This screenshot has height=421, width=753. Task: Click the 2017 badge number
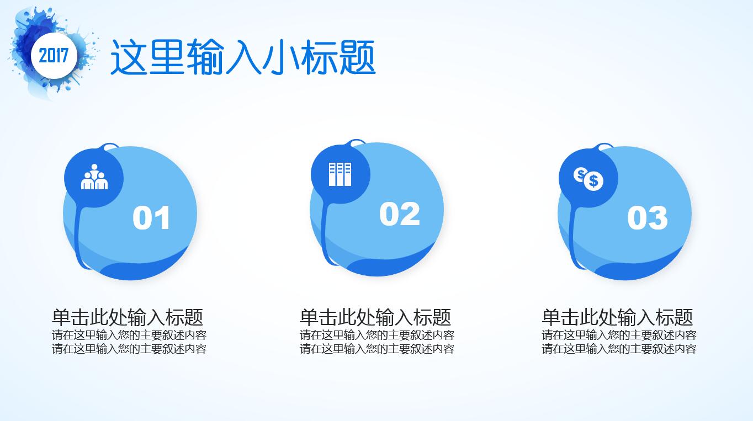54,55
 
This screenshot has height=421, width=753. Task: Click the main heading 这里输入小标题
243,57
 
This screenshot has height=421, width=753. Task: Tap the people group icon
94,177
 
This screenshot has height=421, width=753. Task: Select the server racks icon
340,174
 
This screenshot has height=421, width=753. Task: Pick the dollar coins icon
588,179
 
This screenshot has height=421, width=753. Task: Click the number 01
151,218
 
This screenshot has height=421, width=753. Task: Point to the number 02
400,214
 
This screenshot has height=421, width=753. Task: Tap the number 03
648,218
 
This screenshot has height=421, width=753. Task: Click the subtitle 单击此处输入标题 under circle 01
128,317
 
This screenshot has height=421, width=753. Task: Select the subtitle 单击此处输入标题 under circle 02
375,317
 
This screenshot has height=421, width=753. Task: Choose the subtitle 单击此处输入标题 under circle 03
617,317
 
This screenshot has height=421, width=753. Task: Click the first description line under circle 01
129,335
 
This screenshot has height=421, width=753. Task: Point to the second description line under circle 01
129,349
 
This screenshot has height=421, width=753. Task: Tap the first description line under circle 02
377,335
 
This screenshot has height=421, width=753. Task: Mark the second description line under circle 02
377,349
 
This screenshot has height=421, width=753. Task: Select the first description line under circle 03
619,335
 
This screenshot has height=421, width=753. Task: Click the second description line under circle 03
619,349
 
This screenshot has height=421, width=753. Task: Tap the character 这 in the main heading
129,57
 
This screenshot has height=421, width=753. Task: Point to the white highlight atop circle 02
358,143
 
